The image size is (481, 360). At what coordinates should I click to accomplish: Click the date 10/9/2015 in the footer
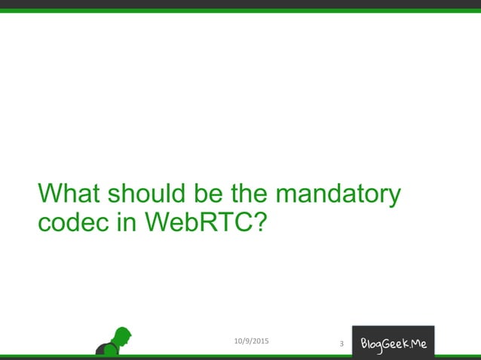(x=252, y=342)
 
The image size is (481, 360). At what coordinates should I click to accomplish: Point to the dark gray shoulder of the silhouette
(x=102, y=349)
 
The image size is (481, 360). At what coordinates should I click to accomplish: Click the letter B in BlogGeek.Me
(x=365, y=343)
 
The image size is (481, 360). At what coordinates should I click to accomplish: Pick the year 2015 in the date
(x=260, y=342)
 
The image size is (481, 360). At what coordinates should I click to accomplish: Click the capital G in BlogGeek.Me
(x=391, y=343)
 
